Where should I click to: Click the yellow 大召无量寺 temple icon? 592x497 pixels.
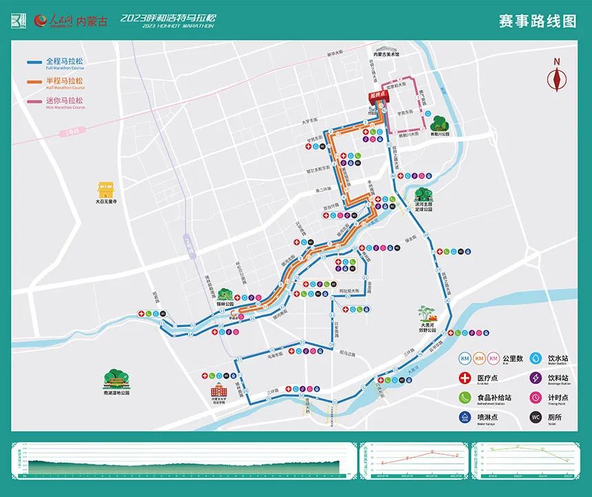point(106,190)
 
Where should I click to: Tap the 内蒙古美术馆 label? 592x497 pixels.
point(386,54)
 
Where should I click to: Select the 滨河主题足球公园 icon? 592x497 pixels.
point(423,195)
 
